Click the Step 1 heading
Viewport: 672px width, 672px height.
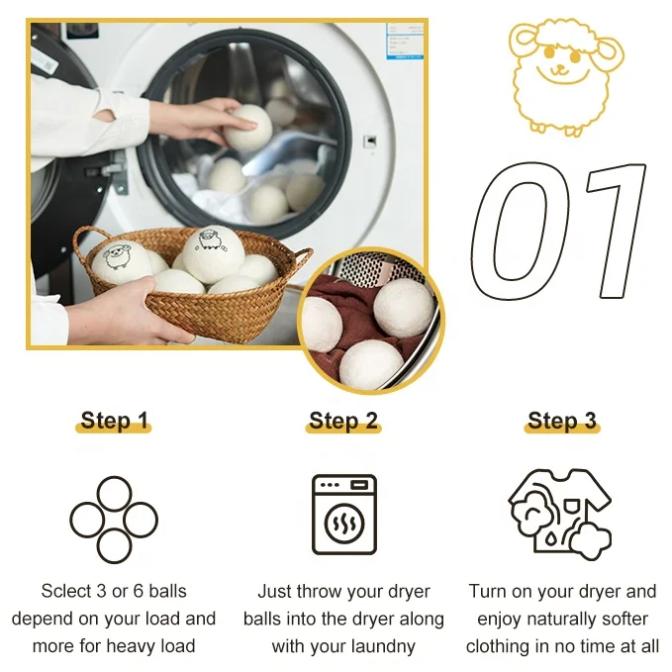point(114,421)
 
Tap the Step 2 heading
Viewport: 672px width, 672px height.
point(343,421)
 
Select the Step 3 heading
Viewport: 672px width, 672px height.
point(562,421)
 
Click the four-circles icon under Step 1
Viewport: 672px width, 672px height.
point(114,494)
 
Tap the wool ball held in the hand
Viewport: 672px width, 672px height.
point(248,128)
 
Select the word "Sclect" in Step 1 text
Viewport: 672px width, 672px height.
point(68,591)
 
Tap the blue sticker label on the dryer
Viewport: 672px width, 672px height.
point(405,41)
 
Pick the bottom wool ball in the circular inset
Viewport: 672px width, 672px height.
point(371,364)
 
